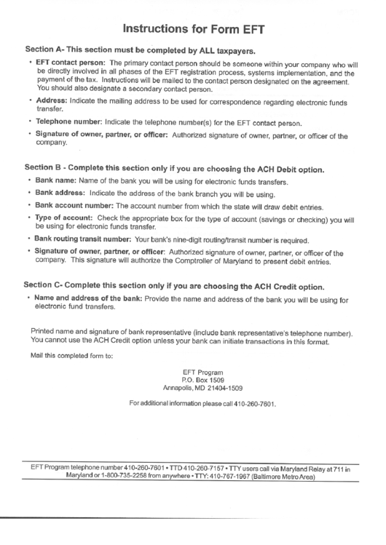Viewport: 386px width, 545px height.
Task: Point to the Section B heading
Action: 174,169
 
